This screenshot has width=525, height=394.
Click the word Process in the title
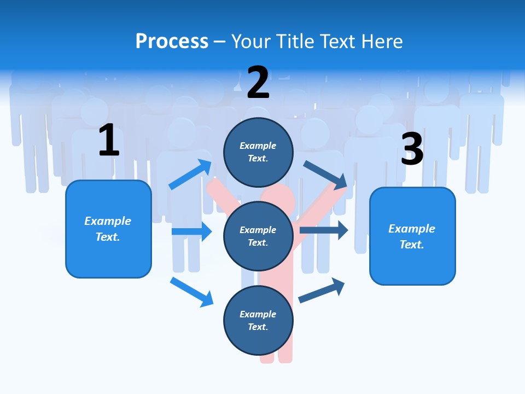[x=172, y=41]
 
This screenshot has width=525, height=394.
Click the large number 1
[x=109, y=141]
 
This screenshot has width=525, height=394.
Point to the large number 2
[x=258, y=83]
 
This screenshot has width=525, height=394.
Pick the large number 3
[x=412, y=149]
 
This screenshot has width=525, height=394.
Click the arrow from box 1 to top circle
[x=190, y=174]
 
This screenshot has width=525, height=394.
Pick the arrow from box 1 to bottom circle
[x=191, y=292]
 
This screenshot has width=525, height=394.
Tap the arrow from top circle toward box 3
[x=325, y=175]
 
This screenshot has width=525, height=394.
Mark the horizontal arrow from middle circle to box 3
[x=323, y=230]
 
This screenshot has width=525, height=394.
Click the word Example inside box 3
[x=412, y=229]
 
